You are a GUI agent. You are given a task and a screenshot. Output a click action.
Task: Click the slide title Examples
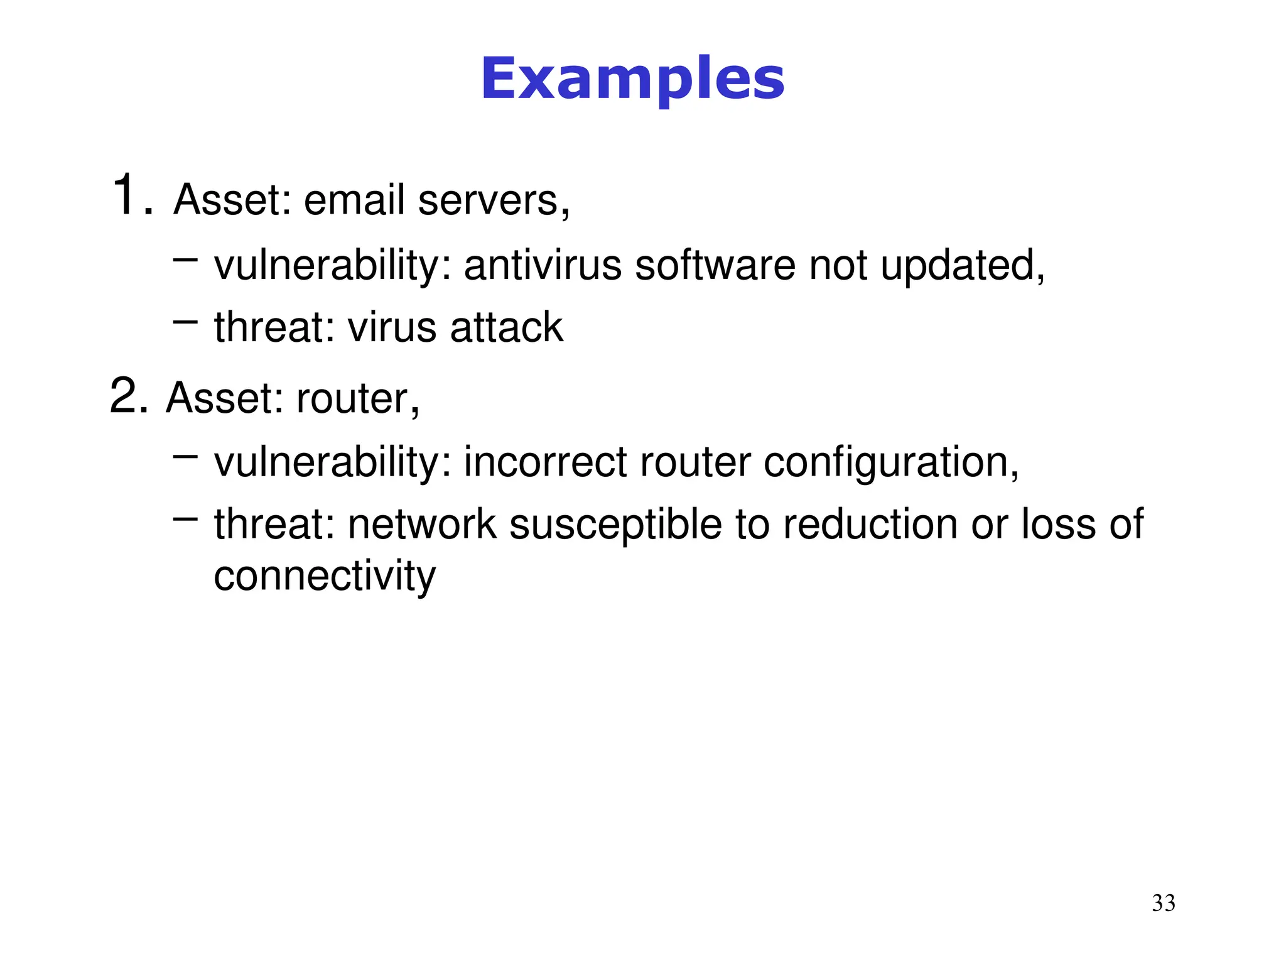[x=632, y=79]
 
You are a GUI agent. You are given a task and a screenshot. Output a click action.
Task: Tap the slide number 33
[x=1164, y=903]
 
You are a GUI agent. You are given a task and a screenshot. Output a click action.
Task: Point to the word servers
[x=493, y=201]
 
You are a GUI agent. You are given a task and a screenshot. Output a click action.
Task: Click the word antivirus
[x=542, y=265]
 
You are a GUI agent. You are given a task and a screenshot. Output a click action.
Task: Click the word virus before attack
[x=392, y=327]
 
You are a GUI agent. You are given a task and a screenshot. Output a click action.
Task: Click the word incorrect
[x=544, y=462]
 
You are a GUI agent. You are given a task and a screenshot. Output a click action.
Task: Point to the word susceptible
[x=615, y=525]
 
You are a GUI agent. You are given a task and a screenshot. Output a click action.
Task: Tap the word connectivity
[x=324, y=576]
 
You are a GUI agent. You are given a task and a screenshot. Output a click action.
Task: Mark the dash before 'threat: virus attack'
[x=185, y=322]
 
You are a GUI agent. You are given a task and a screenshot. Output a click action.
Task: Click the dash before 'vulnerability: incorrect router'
[x=185, y=456]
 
